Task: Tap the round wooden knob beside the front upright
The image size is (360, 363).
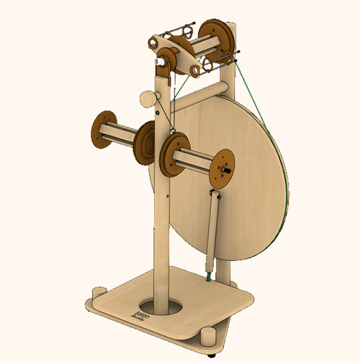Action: pyautogui.click(x=147, y=99)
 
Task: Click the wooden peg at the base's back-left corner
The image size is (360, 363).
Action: pyautogui.click(x=99, y=293)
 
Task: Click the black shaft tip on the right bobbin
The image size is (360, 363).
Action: pyautogui.click(x=227, y=170)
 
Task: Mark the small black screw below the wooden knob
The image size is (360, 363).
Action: pyautogui.click(x=158, y=113)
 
